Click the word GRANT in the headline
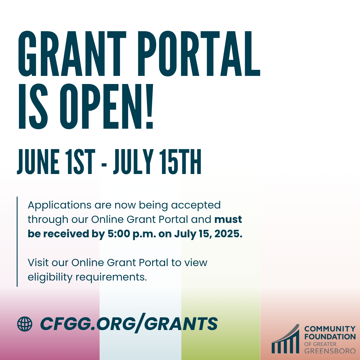[x=72, y=54]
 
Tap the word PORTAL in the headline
[x=199, y=54]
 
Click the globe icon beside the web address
[x=25, y=324]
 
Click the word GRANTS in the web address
[x=181, y=324]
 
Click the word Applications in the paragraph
[x=59, y=205]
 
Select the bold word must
[x=228, y=220]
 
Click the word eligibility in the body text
[x=50, y=277]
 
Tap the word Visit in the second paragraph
[x=38, y=262]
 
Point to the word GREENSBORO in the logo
[x=330, y=351]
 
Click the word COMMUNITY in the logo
[x=330, y=329]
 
